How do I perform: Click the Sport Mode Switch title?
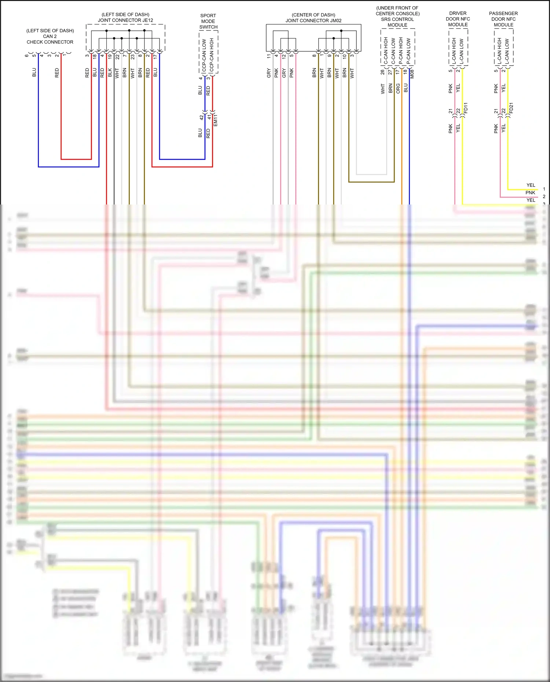(x=208, y=21)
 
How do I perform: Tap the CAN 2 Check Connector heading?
(x=50, y=36)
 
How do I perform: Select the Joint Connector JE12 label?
(x=125, y=18)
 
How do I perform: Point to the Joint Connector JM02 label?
(x=313, y=18)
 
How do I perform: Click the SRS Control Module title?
(x=397, y=16)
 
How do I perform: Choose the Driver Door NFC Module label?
(x=458, y=19)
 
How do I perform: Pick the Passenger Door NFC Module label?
(x=503, y=19)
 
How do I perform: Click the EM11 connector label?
(x=216, y=121)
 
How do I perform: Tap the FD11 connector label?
(x=466, y=108)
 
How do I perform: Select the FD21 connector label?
(x=511, y=108)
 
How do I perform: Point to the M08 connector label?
(x=412, y=74)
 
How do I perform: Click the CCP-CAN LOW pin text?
(x=204, y=55)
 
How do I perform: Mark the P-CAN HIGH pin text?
(x=401, y=51)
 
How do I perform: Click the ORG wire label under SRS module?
(x=398, y=88)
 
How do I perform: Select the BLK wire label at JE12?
(x=110, y=73)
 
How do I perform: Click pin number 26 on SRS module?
(x=383, y=72)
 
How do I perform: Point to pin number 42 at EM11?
(x=201, y=118)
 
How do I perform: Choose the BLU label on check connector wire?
(x=34, y=73)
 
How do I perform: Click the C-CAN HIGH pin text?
(x=386, y=51)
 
